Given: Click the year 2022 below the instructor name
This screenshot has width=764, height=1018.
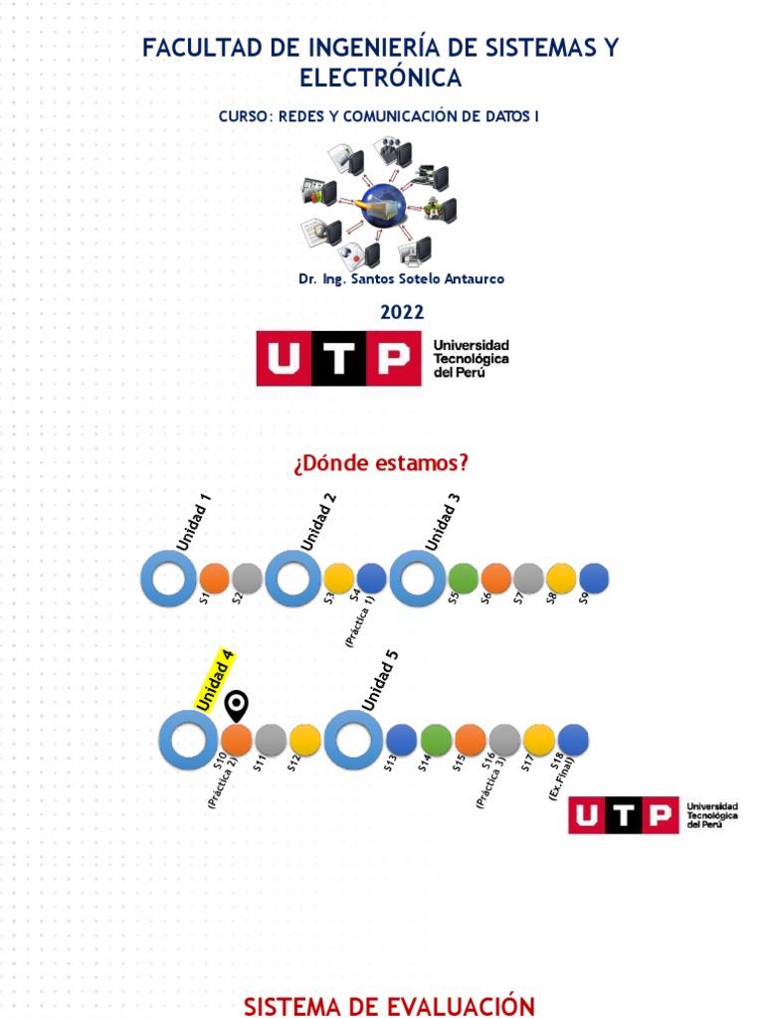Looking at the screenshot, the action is pyautogui.click(x=402, y=312).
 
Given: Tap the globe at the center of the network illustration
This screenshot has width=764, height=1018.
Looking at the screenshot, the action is pyautogui.click(x=382, y=206).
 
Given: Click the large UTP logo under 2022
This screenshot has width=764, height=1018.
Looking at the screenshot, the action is pyautogui.click(x=383, y=358).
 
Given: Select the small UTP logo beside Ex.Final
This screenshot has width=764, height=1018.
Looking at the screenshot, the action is pyautogui.click(x=654, y=815).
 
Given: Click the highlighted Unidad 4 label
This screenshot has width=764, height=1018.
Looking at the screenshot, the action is pyautogui.click(x=215, y=682).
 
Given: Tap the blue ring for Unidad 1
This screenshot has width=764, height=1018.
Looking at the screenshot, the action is pyautogui.click(x=169, y=579).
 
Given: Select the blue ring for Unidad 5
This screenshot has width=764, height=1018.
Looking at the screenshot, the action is pyautogui.click(x=353, y=740).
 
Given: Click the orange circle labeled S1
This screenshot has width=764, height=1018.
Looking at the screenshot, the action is pyautogui.click(x=214, y=579).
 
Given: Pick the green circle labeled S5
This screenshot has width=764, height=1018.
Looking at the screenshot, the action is pyautogui.click(x=464, y=579).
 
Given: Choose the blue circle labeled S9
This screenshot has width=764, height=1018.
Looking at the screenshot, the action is pyautogui.click(x=594, y=579).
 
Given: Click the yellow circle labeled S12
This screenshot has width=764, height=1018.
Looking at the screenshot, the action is pyautogui.click(x=304, y=740).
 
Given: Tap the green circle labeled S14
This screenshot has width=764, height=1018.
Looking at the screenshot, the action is pyautogui.click(x=436, y=740).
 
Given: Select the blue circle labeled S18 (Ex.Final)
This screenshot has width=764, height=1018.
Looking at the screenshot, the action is pyautogui.click(x=573, y=740).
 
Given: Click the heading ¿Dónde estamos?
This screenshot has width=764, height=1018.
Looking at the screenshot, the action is pyautogui.click(x=381, y=463).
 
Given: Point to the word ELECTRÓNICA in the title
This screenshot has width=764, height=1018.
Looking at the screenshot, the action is pyautogui.click(x=381, y=78).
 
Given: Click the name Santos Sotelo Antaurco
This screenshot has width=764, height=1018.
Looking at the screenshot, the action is pyautogui.click(x=428, y=279).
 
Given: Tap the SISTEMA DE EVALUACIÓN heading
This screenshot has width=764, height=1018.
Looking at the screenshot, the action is pyautogui.click(x=389, y=1006).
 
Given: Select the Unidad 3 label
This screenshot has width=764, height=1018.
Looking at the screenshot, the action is pyautogui.click(x=443, y=522).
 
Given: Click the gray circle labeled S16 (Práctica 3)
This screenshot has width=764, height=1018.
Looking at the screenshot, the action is pyautogui.click(x=504, y=740).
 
